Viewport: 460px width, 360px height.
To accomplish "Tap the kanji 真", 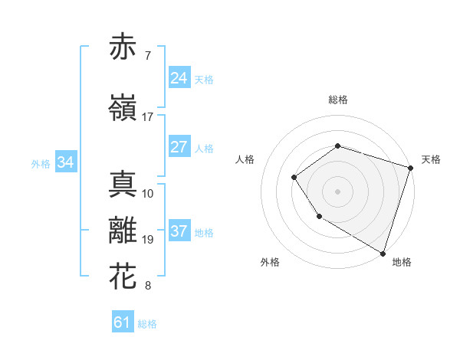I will click(x=124, y=184).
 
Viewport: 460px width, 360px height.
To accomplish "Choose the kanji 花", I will click(x=124, y=276).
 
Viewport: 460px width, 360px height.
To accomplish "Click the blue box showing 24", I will click(x=179, y=78).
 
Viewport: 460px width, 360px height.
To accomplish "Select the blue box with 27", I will click(x=179, y=148).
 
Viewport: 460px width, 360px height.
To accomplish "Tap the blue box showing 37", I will click(x=179, y=232).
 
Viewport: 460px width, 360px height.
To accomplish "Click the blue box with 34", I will click(x=65, y=162).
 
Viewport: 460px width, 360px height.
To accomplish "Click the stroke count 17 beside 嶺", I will click(x=148, y=117).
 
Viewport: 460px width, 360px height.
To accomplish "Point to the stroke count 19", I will click(x=148, y=240).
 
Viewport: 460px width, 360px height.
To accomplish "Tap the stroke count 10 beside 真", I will click(x=148, y=193).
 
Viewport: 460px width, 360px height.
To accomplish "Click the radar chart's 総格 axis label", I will click(x=337, y=100).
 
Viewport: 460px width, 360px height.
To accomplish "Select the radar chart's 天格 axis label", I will click(x=431, y=159).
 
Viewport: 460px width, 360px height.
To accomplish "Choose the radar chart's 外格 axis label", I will click(x=270, y=262).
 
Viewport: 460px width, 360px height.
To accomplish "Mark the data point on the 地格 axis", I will click(x=383, y=253).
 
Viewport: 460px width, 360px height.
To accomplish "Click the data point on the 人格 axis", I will click(x=294, y=178).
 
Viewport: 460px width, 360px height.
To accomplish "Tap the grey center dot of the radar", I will click(x=337, y=191).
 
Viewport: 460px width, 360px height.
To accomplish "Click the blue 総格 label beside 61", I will click(x=147, y=324).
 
